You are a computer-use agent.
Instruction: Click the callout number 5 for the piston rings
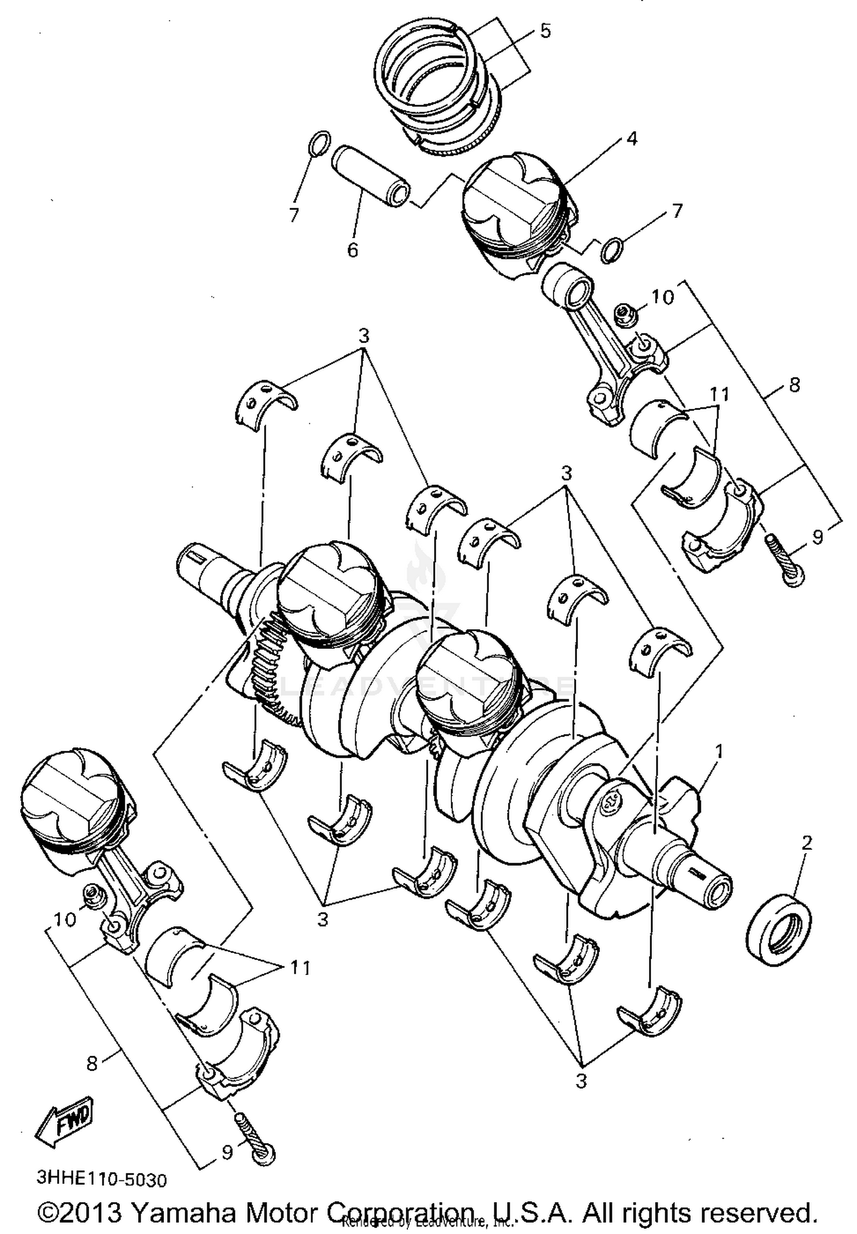(x=545, y=31)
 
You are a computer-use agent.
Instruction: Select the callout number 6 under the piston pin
(x=353, y=250)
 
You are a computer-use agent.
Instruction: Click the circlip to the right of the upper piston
(x=612, y=250)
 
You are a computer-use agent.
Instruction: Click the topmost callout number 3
(x=364, y=336)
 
